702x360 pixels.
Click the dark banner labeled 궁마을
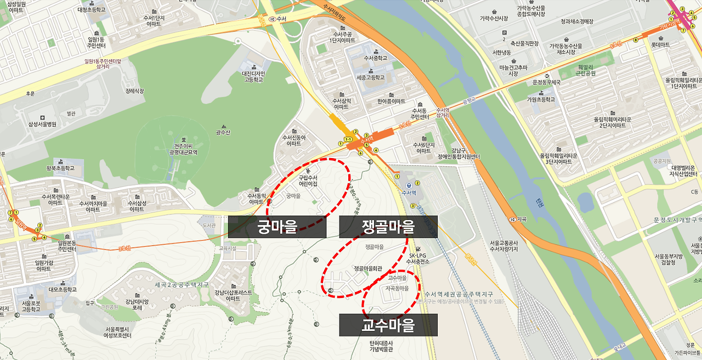[x=277, y=227]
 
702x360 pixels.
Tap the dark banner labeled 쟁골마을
[x=388, y=227]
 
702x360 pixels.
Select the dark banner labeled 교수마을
[x=388, y=325]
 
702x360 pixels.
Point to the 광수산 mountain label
[x=223, y=132]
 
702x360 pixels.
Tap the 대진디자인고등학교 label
[x=254, y=76]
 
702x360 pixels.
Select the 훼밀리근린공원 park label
[x=585, y=70]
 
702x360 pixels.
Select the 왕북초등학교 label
[x=53, y=168]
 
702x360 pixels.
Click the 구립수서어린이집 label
[x=308, y=181]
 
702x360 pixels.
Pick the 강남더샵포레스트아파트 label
[x=234, y=295]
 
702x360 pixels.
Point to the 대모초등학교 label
[x=63, y=289]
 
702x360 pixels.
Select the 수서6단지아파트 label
[x=423, y=147]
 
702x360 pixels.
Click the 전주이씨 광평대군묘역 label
[x=183, y=149]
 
